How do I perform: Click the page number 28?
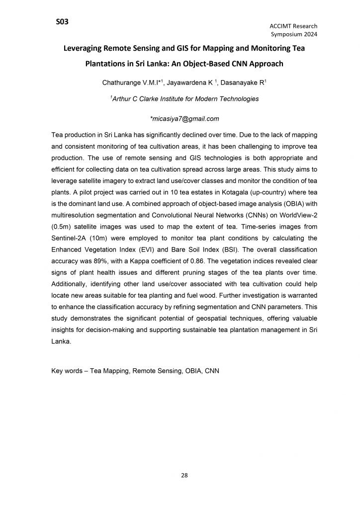pos(184,476)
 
